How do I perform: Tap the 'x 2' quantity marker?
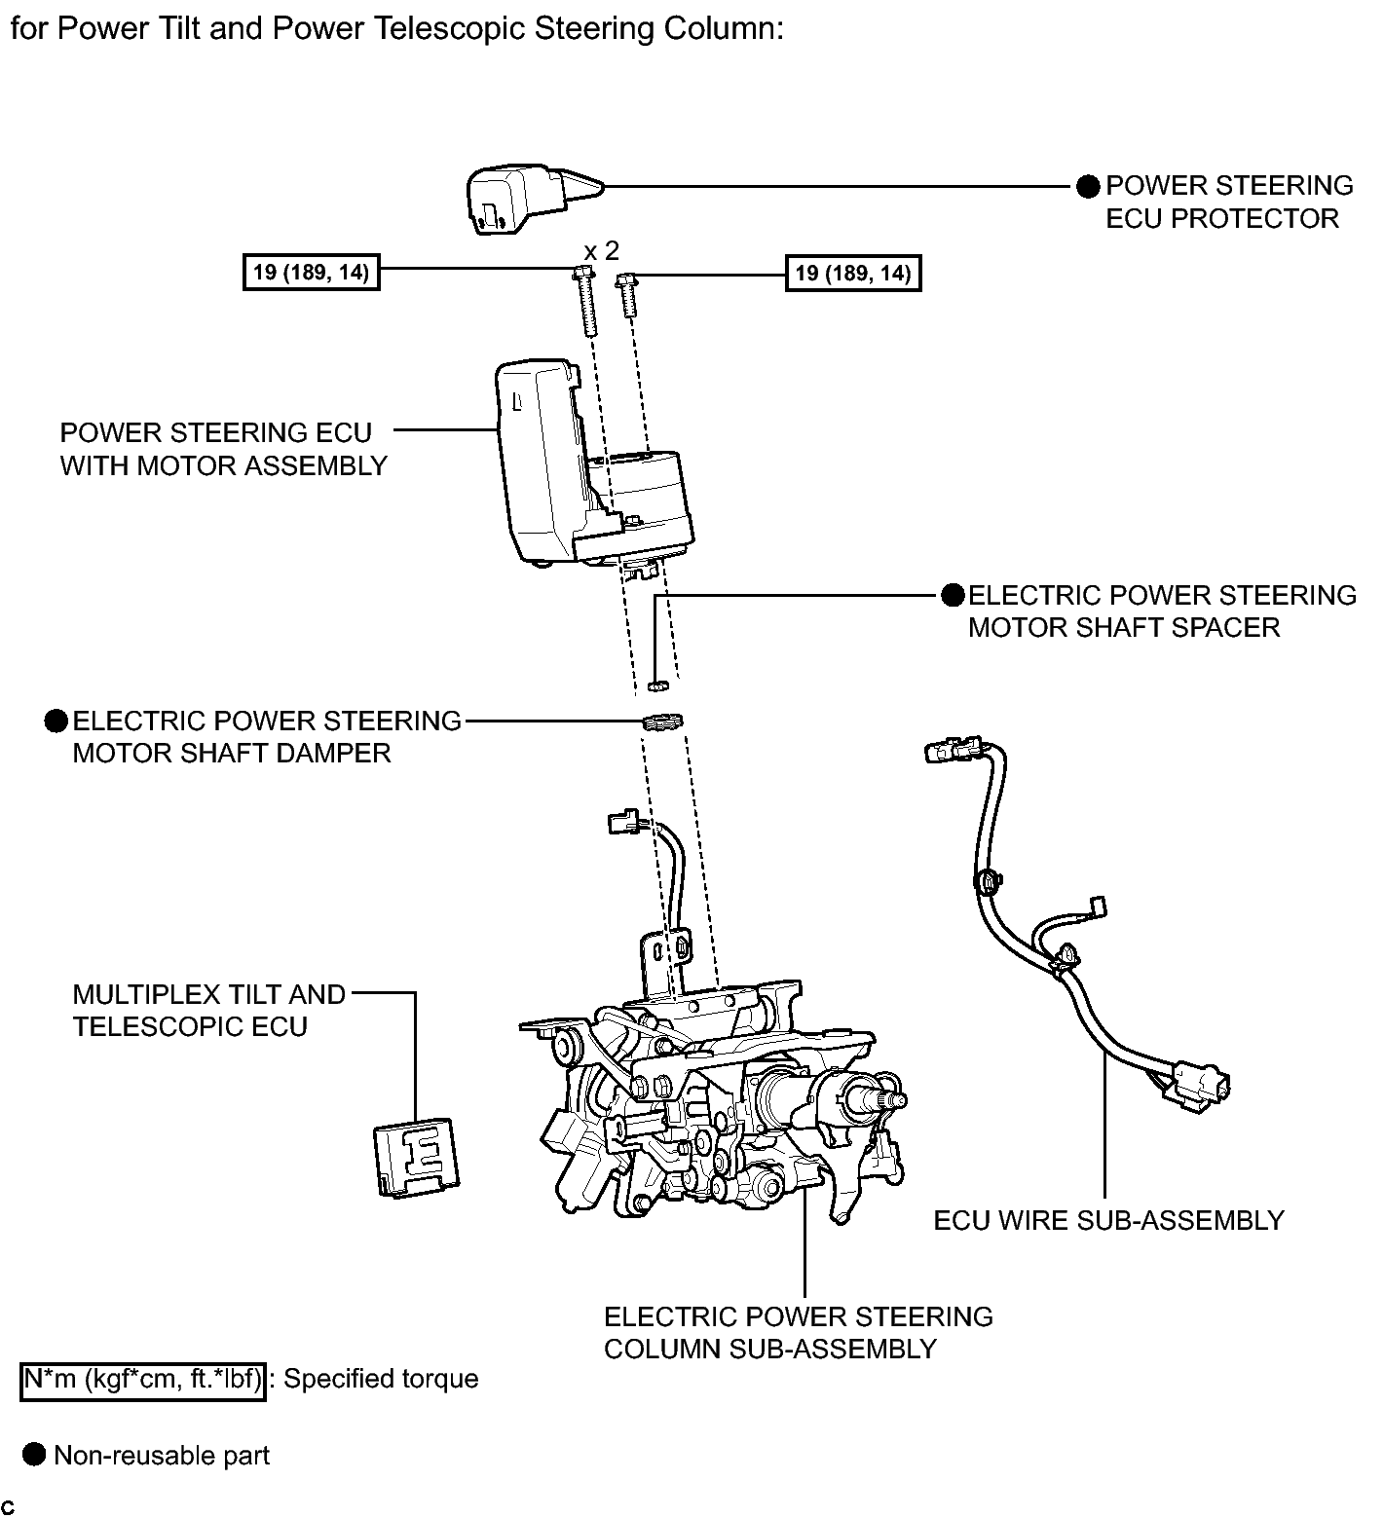[601, 251]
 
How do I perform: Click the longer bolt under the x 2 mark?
[587, 301]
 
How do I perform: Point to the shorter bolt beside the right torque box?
[626, 294]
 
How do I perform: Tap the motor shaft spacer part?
[657, 685]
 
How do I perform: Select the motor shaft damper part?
[662, 722]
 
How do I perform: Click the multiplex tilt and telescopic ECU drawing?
[416, 1157]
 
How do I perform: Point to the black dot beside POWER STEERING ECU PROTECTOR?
[1088, 186]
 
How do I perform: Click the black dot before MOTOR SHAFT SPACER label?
[952, 595]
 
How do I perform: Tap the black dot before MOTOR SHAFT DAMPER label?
[56, 721]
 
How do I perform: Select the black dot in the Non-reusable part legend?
[35, 1455]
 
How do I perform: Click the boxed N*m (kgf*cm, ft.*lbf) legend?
[142, 1380]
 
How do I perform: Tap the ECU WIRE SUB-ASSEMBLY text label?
[1108, 1220]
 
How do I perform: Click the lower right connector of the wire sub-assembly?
[1199, 1083]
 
